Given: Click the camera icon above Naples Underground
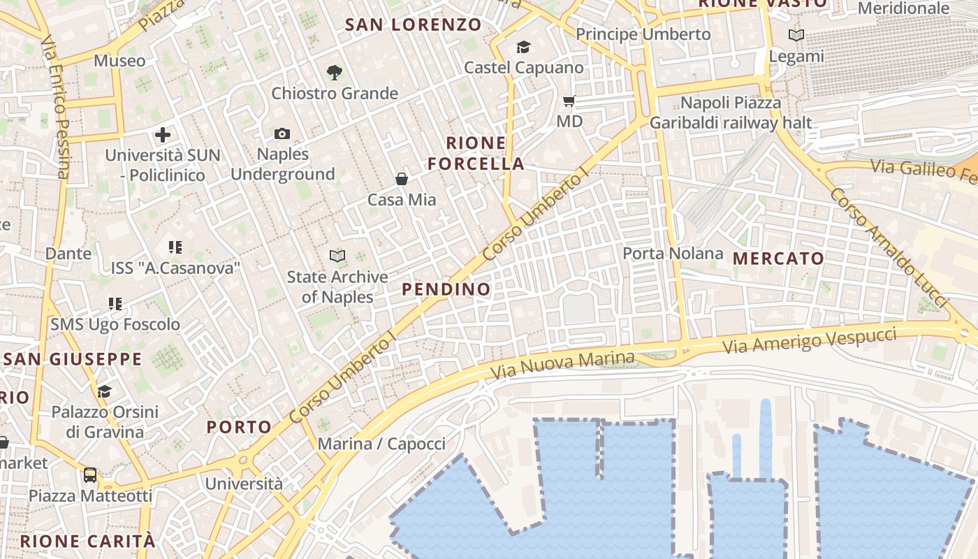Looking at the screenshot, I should pos(282,133).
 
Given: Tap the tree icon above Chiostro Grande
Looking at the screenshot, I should pos(335,72).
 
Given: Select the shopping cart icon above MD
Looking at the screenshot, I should pos(569,101).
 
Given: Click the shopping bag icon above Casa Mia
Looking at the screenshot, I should pos(402,180).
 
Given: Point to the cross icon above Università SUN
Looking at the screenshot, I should pos(163,134).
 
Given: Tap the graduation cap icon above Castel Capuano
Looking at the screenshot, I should pos(523,48).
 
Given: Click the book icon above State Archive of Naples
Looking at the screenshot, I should pos(337,256).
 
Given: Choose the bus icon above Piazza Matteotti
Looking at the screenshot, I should pos(90,476).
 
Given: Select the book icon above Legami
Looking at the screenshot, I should pos(796,35).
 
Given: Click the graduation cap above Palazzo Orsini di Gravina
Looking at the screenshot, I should pos(104,391).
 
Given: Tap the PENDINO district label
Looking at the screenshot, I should pos(446,289).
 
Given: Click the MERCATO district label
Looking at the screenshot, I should pos(778,259).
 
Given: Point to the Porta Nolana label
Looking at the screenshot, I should pos(673,253).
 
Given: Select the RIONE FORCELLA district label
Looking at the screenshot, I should pos(476,154).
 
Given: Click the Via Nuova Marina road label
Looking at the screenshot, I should pos(562,365).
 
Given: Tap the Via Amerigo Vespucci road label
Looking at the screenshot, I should pos(809,340).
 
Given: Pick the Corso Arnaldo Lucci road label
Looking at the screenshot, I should pos(888,247).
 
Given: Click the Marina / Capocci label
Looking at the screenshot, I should pos(381,444).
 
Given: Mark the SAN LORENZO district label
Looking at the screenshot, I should pos(414,25).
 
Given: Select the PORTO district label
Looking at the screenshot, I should pos(239,427).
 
